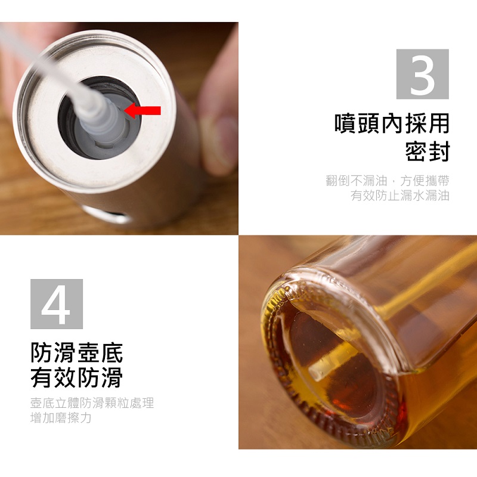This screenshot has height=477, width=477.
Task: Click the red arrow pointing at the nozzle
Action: tap(143, 110)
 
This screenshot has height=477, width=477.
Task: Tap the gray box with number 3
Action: tap(422, 74)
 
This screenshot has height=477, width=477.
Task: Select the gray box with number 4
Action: tap(57, 304)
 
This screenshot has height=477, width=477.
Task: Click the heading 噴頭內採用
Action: tap(392, 123)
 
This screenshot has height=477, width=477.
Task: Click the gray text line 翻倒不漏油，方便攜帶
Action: tap(387, 181)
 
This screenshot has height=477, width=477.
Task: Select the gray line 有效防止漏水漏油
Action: tap(399, 196)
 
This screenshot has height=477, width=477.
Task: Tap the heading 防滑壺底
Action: tap(77, 353)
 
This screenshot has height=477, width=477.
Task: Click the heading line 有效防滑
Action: tap(77, 377)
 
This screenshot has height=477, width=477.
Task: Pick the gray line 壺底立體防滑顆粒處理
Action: tap(92, 403)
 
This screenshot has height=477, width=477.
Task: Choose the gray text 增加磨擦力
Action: tap(61, 418)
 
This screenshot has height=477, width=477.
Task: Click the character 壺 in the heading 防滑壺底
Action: tap(88, 353)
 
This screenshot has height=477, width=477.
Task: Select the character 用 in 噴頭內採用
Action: tap(438, 123)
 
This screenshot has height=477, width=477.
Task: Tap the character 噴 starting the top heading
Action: tap(346, 123)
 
